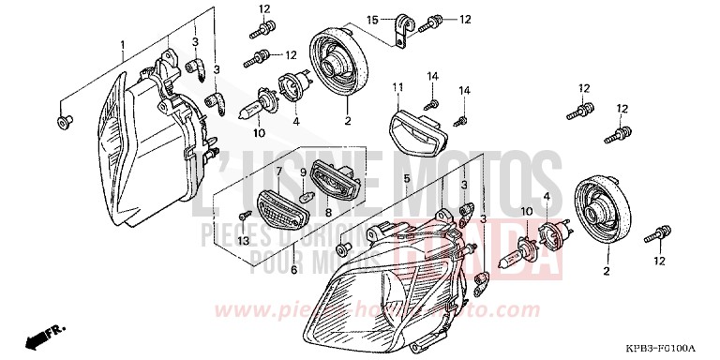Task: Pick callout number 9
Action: pos(303,172)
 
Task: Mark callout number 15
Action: pos(372,19)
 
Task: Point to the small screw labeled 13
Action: pos(245,217)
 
